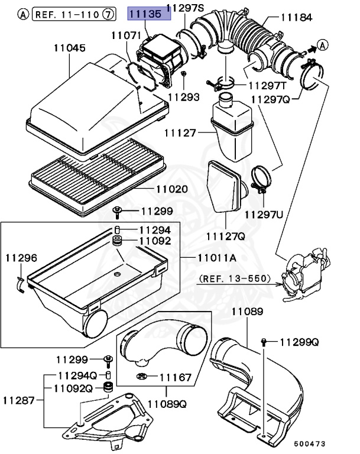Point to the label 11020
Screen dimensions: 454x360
pos(172,190)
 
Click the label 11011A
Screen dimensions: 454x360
pos(216,258)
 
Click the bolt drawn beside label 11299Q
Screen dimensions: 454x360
pos(264,342)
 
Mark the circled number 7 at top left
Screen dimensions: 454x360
pos(108,13)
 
